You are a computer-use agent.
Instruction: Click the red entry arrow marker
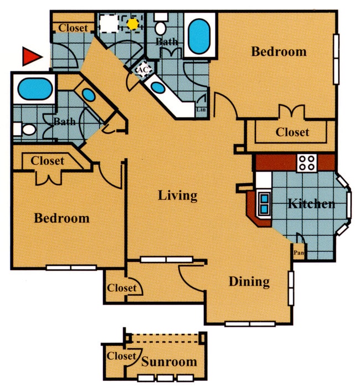point(32,55)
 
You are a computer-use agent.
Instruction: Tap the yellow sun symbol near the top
point(132,24)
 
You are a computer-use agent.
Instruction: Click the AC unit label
point(142,70)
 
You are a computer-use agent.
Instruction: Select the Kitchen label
point(311,204)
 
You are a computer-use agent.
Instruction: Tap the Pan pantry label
point(299,253)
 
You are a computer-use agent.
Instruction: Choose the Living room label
point(178,195)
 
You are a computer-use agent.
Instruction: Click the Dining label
point(249,282)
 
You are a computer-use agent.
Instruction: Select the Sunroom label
point(169,363)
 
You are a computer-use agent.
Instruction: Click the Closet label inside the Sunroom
point(121,356)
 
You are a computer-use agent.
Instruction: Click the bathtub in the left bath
point(34,89)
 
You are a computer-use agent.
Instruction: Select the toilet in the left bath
point(27,130)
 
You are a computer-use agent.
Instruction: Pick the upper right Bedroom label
point(279,52)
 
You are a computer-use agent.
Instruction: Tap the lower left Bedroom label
point(61,218)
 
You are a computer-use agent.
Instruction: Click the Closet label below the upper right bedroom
point(292,132)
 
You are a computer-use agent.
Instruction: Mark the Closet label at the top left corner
point(73,28)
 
